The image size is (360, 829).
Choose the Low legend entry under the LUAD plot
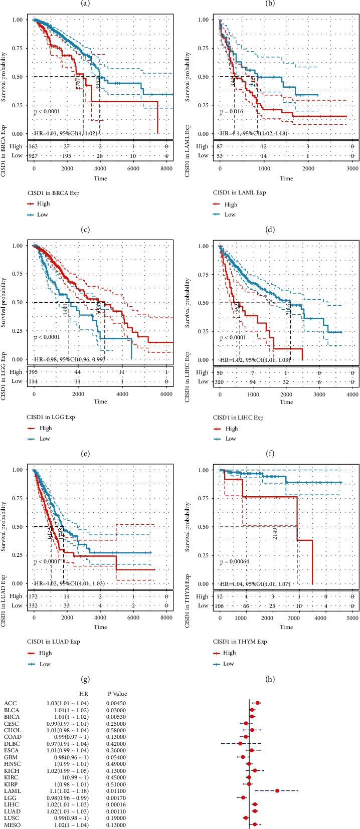pyautogui.click(x=45, y=664)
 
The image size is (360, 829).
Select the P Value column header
pyautogui.click(x=117, y=694)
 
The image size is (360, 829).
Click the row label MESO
pyautogui.click(x=11, y=824)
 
